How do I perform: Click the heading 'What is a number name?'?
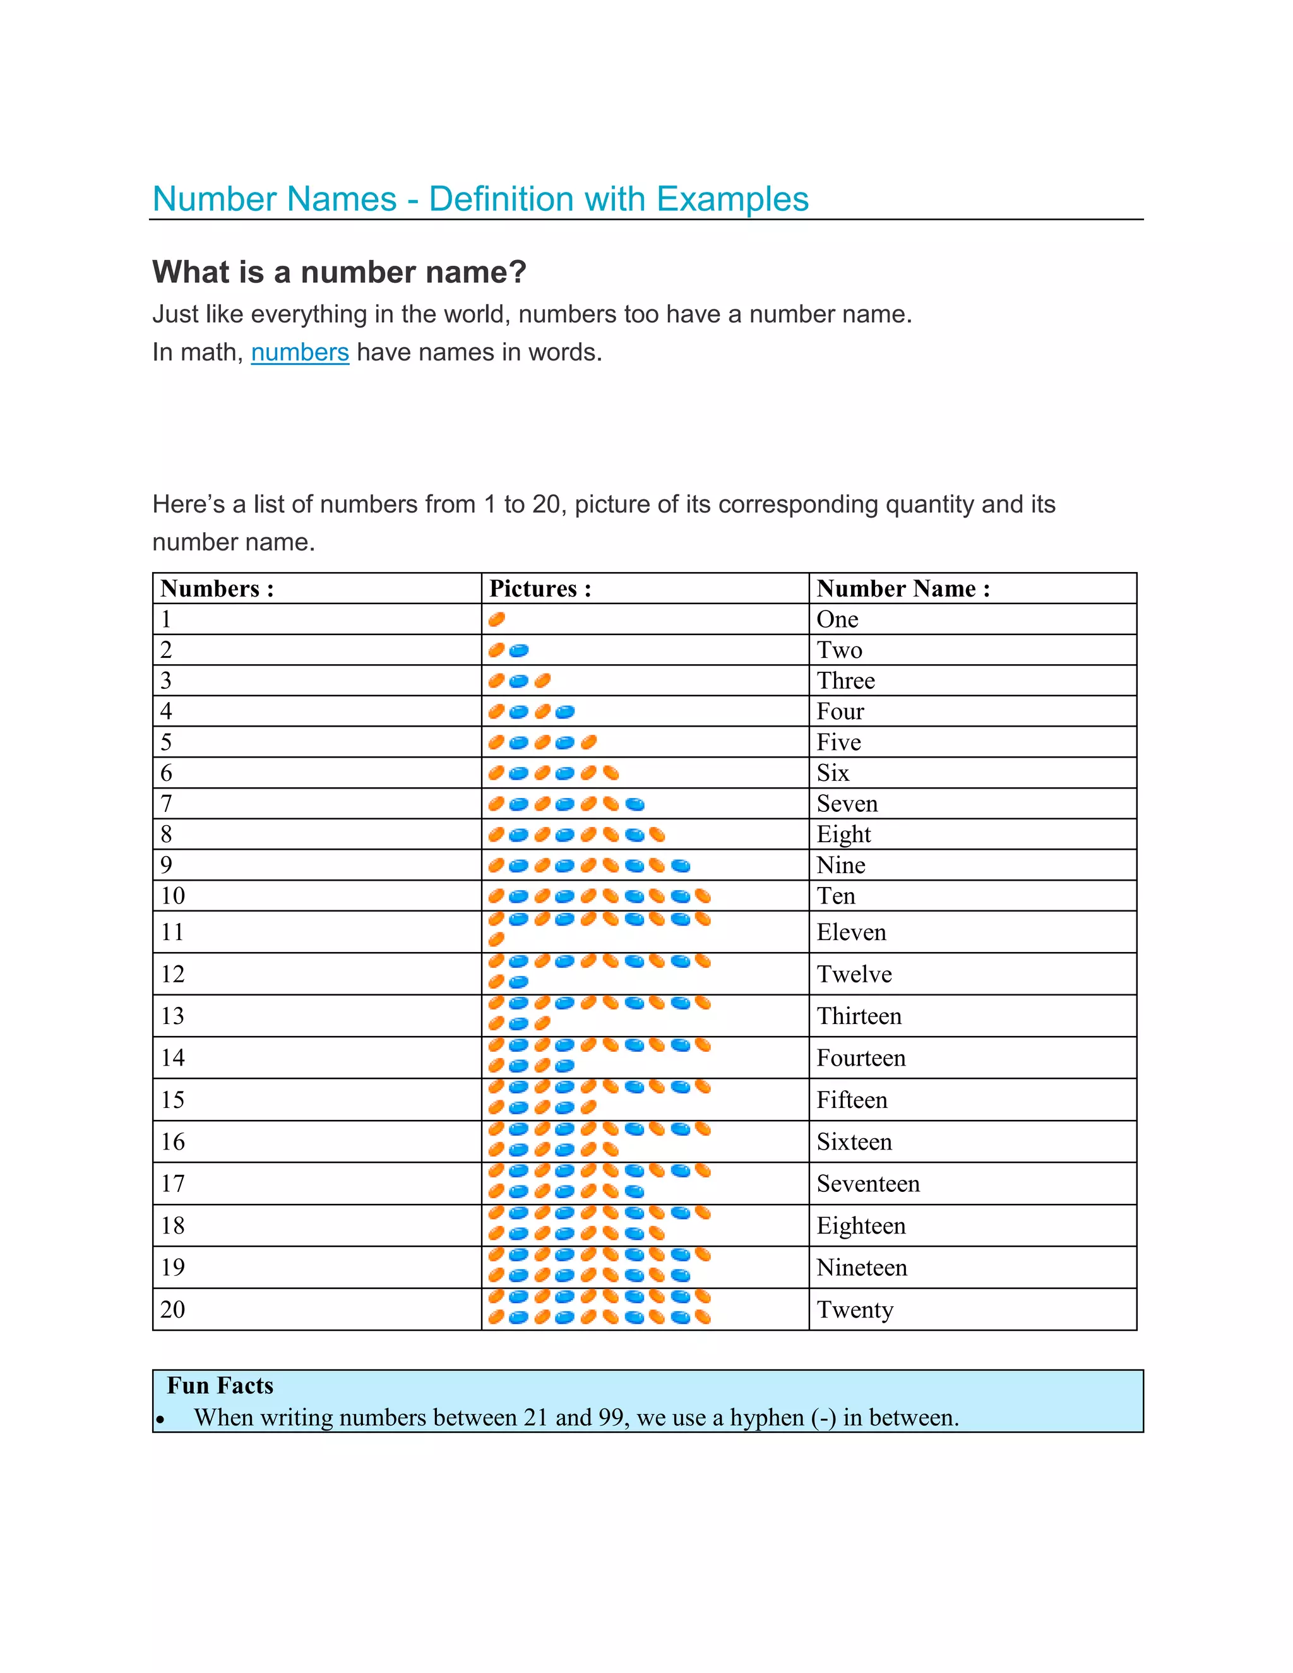339,272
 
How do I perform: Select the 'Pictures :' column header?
540,588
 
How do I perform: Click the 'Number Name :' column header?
903,588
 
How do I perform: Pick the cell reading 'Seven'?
847,804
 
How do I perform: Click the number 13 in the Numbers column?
172,1016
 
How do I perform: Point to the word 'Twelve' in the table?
854,974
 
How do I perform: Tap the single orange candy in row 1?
496,619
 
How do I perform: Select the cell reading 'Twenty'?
854,1310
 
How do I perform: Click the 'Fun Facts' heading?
220,1386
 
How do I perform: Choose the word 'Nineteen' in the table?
861,1268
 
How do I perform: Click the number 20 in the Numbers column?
172,1309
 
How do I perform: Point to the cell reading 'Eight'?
843,834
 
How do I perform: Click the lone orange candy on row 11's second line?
496,939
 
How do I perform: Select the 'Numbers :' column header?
217,588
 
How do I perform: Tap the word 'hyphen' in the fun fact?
766,1418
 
